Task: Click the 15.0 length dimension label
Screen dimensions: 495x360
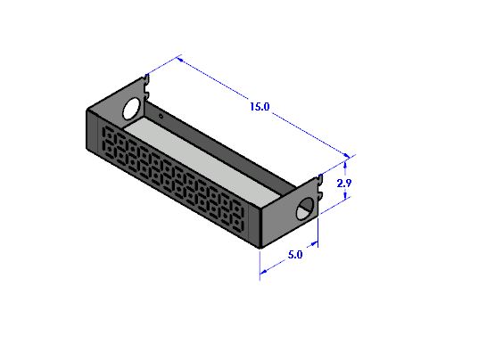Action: point(260,107)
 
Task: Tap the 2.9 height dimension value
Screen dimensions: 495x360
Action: point(343,183)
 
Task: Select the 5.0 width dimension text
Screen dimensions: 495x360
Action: point(295,255)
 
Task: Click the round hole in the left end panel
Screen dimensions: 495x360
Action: point(132,109)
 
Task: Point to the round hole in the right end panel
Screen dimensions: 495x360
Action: point(305,209)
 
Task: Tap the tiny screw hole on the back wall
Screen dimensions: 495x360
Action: point(161,117)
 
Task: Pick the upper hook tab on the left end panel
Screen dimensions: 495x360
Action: point(146,80)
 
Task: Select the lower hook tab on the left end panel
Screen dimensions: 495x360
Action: point(146,94)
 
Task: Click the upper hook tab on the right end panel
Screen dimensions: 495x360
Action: point(320,180)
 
